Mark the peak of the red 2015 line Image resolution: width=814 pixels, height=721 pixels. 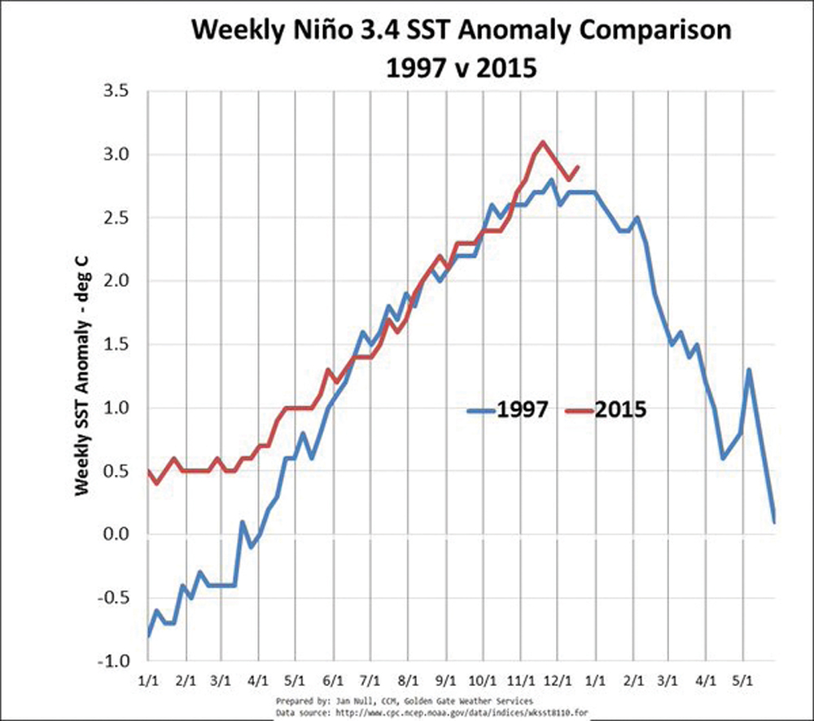542,143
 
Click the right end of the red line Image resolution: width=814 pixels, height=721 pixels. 577,167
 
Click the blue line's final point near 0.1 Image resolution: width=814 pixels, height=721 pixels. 774,521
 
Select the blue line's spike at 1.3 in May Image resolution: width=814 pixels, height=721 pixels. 748,370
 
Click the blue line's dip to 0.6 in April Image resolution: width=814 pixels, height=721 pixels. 722,458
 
